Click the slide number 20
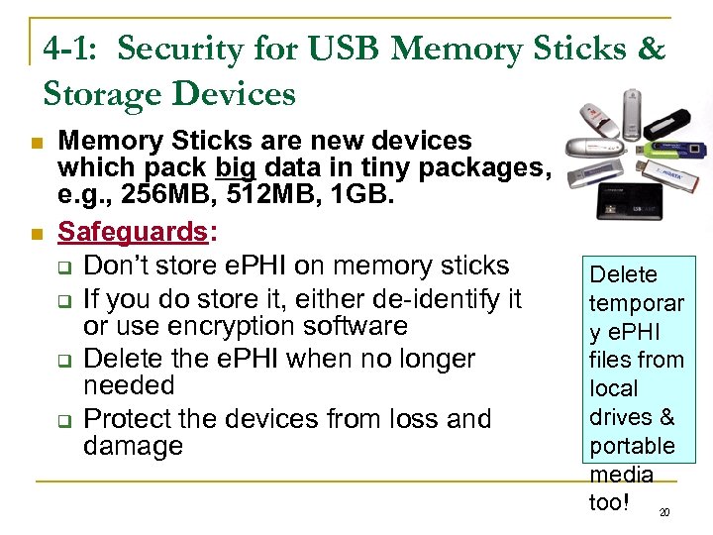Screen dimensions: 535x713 tap(664, 512)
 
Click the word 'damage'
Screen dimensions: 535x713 tap(134, 446)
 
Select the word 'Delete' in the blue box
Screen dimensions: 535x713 tap(623, 274)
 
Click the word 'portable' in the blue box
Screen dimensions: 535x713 tap(632, 446)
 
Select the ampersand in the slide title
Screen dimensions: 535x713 tap(652, 49)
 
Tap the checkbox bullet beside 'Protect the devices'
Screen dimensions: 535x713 tap(61, 421)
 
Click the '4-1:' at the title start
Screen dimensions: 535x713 tap(74, 49)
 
